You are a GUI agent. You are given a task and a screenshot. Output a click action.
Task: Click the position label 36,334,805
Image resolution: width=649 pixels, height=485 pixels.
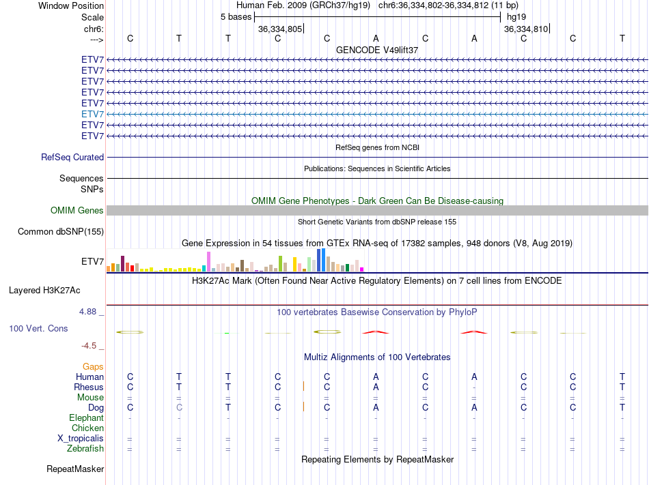pyautogui.click(x=280, y=29)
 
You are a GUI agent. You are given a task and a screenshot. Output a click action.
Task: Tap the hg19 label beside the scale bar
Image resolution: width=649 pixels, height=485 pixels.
pyautogui.click(x=516, y=16)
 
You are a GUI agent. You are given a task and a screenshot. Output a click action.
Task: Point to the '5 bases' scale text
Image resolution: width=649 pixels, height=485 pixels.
pyautogui.click(x=236, y=16)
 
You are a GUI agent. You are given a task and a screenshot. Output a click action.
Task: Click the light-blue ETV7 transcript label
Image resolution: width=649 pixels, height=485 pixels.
pyautogui.click(x=92, y=115)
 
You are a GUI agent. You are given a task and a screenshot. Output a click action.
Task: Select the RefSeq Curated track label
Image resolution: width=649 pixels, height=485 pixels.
pyautogui.click(x=72, y=158)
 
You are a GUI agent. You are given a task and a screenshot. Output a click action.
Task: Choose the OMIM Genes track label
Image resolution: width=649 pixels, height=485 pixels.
pyautogui.click(x=77, y=211)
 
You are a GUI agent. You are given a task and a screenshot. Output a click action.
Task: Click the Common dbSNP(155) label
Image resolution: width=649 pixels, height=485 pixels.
pyautogui.click(x=61, y=232)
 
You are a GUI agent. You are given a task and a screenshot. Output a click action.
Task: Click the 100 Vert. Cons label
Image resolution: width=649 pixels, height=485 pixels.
pyautogui.click(x=38, y=329)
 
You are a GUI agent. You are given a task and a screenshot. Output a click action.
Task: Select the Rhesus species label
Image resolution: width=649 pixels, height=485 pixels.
pyautogui.click(x=89, y=387)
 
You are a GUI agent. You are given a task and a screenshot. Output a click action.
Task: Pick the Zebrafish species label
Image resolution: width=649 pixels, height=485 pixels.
pyautogui.click(x=85, y=449)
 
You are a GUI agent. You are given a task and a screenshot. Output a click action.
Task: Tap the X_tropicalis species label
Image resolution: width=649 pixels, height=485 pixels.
pyautogui.click(x=81, y=439)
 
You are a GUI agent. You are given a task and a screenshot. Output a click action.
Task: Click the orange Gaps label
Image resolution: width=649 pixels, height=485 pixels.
pyautogui.click(x=93, y=367)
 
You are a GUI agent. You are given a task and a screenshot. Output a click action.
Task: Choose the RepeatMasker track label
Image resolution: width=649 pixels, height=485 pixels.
pyautogui.click(x=75, y=469)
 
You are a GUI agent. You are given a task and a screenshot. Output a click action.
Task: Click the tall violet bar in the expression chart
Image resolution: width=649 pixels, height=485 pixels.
pyautogui.click(x=208, y=261)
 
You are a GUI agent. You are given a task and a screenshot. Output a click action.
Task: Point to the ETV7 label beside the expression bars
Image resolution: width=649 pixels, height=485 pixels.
pyautogui.click(x=92, y=261)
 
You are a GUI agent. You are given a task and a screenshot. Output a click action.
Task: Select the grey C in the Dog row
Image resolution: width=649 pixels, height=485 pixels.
pyautogui.click(x=179, y=408)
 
